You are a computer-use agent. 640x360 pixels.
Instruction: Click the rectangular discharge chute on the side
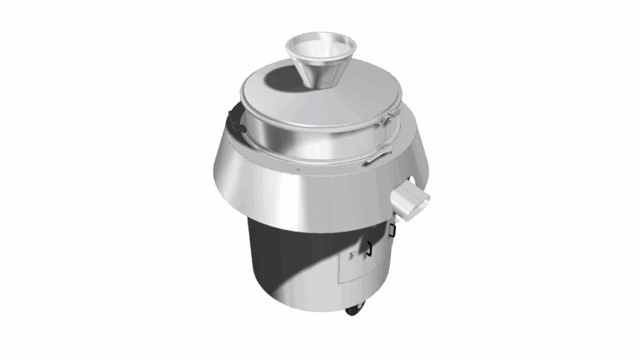411,200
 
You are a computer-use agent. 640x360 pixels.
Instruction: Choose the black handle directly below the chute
392,229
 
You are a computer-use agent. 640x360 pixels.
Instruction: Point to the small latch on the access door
354,254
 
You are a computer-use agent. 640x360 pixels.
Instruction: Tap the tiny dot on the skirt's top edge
294,169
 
